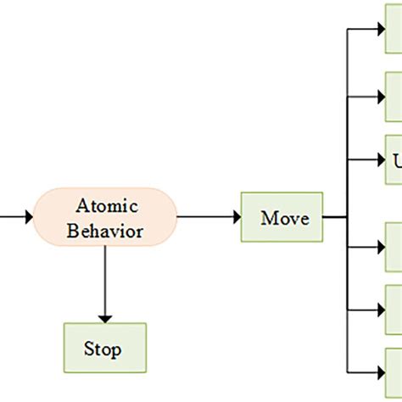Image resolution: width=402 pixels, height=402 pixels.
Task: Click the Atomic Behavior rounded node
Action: (x=105, y=218)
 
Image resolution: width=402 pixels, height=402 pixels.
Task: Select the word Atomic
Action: (x=106, y=206)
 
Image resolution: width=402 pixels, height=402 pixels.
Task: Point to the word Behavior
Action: (x=106, y=231)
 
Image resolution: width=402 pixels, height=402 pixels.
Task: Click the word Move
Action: (x=284, y=218)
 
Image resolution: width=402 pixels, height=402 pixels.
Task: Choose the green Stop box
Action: (x=104, y=348)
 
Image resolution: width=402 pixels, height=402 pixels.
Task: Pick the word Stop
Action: (x=103, y=349)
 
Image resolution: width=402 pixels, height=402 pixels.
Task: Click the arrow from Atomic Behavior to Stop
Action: (x=105, y=284)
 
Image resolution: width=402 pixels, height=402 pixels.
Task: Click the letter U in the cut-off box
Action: (x=397, y=160)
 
